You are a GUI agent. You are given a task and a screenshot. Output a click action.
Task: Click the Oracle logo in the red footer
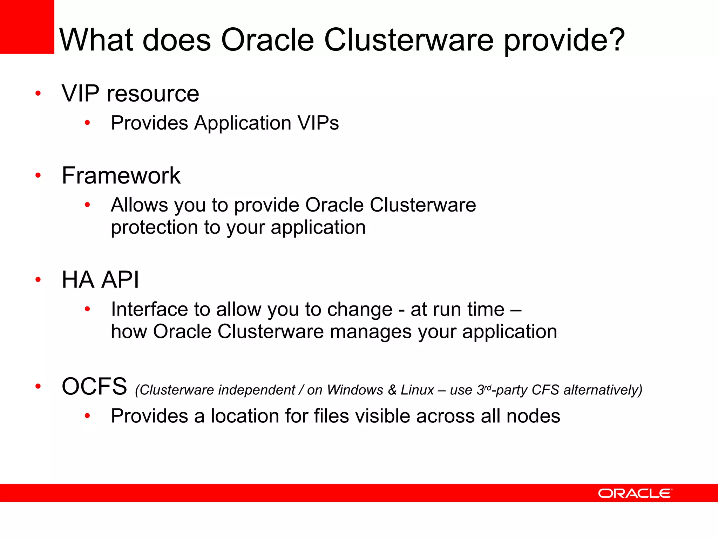[x=635, y=493]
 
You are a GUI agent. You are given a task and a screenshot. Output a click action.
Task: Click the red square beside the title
[x=27, y=27]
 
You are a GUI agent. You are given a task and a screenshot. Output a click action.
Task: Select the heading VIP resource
[x=130, y=94]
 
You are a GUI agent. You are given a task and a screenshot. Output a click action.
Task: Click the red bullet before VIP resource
[x=38, y=94]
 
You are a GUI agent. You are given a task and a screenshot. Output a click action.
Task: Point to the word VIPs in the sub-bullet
[x=318, y=123]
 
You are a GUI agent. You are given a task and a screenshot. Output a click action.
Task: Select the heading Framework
[x=121, y=175]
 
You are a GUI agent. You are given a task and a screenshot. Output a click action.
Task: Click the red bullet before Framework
[x=38, y=175]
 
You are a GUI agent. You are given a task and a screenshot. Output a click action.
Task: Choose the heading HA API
[x=100, y=280]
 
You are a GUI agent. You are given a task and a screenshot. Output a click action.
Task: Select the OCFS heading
[x=94, y=386]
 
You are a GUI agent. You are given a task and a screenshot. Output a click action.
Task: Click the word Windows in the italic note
[x=355, y=390]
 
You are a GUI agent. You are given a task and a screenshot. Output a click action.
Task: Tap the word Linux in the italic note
[x=417, y=390]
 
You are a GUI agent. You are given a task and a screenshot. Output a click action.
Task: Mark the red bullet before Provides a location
[x=87, y=416]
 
